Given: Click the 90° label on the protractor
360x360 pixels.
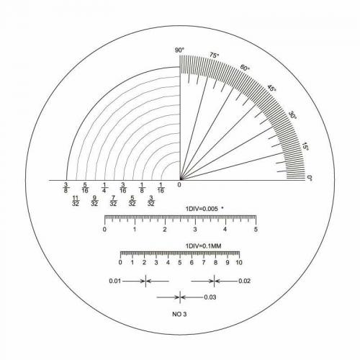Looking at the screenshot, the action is point(179,50).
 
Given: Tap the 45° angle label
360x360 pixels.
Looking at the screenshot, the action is point(272,88).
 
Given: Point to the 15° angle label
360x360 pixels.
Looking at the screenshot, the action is point(305,146).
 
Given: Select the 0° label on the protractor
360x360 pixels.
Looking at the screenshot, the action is point(310,178).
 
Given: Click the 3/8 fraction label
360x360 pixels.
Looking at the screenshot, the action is point(66,188).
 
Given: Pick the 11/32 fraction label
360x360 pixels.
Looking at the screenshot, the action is point(76,201).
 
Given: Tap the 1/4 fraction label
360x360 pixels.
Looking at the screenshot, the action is point(104,188).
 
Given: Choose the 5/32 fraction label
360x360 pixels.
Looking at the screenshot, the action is point(132,201).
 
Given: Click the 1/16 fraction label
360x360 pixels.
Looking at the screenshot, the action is point(161,188).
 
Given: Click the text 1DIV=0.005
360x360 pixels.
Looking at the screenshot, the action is point(202,209).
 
